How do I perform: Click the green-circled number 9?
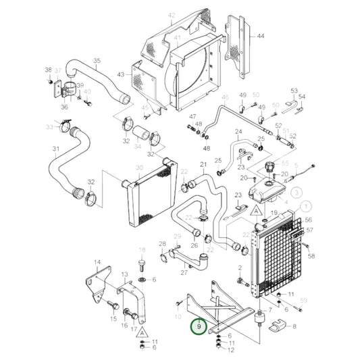pos(199,327)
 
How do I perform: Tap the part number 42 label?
pos(171,14)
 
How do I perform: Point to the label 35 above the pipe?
pos(97,61)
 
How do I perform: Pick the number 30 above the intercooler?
pos(139,168)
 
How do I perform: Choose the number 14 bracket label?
pos(97,262)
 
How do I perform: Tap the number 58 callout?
pos(311,257)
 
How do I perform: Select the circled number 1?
pos(307,207)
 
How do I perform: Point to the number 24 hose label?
pos(238,132)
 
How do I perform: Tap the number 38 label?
pos(48,70)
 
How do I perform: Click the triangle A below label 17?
pos(143,332)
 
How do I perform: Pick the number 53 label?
pos(294,90)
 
